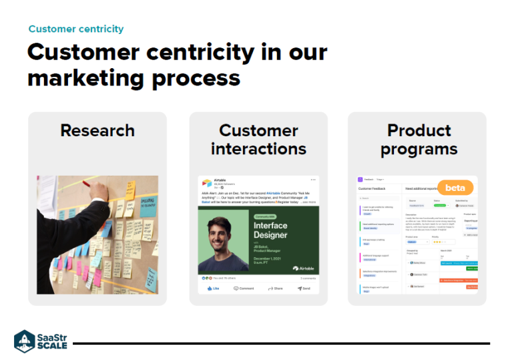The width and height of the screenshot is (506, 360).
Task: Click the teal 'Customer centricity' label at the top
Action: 75,29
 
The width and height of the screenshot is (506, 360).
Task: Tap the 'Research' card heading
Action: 97,130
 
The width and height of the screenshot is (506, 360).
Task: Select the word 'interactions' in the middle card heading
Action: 258,148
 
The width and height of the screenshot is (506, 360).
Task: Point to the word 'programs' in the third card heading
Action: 419,148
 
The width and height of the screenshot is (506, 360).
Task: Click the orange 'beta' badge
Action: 455,188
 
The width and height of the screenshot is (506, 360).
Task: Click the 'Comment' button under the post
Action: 244,288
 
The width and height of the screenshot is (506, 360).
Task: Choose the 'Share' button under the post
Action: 275,288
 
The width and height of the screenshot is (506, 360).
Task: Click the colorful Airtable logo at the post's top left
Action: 206,182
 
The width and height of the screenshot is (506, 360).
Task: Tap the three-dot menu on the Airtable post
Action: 313,180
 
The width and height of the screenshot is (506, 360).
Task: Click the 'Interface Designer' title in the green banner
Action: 270,230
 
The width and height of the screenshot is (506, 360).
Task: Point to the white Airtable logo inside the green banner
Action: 304,268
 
